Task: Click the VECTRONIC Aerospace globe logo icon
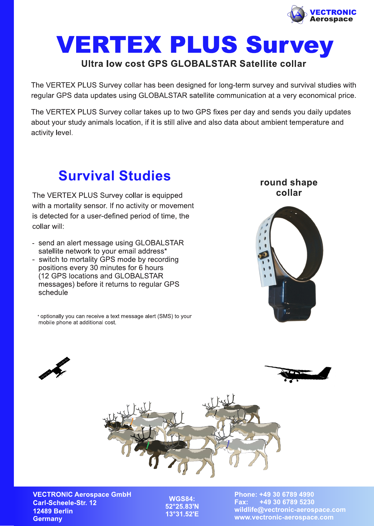(x=297, y=14)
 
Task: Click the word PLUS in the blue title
(x=203, y=45)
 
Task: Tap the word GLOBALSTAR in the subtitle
(x=203, y=64)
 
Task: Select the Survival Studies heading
(x=114, y=176)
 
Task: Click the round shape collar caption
(x=289, y=187)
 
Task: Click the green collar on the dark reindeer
(x=148, y=445)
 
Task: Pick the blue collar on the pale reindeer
(x=228, y=444)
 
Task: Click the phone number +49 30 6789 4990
(x=287, y=495)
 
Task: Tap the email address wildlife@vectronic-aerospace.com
(x=290, y=510)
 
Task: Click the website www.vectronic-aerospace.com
(x=284, y=517)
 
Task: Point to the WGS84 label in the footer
(x=182, y=499)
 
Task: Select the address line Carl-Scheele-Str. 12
(x=65, y=503)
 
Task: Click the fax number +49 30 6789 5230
(x=287, y=502)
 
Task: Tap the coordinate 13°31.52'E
(x=182, y=514)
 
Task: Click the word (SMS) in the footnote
(x=165, y=316)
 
